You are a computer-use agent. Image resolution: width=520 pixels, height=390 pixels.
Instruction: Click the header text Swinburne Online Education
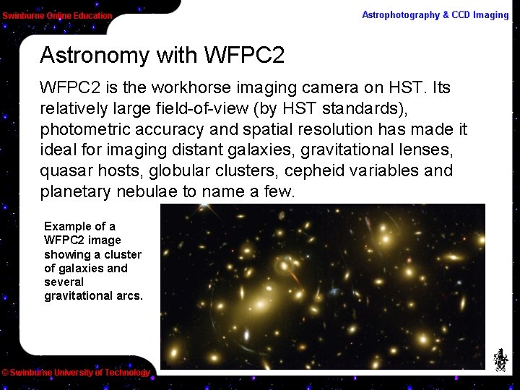(57, 15)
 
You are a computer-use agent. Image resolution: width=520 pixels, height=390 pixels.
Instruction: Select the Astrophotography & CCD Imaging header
(435, 15)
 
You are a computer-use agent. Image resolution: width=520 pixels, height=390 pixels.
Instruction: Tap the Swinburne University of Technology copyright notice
(75, 373)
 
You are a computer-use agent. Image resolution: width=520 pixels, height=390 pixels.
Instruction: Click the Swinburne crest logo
(500, 360)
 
